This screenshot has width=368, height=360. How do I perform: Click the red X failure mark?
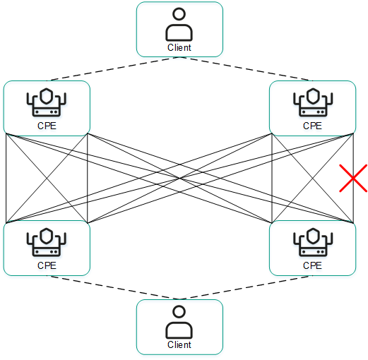coord(352,179)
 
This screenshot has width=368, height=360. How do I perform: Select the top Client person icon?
coord(179,25)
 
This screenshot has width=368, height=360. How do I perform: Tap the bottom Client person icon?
coord(179,323)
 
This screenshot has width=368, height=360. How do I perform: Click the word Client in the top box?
coord(179,48)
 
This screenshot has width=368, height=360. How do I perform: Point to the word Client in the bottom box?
coord(179,345)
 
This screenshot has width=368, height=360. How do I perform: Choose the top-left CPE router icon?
coord(47,103)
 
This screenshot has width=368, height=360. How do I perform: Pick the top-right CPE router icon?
coord(312,103)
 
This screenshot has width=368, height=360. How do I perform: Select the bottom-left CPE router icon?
coord(47,243)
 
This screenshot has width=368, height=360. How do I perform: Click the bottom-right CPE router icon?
coord(312,243)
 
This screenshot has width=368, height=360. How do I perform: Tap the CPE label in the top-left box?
coord(47,126)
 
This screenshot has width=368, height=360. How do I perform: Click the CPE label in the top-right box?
coord(312,126)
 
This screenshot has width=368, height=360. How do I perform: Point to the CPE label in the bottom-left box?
coord(47,265)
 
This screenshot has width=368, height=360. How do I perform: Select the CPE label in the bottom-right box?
coord(312,265)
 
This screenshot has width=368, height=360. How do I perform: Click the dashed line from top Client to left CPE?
coord(113,68)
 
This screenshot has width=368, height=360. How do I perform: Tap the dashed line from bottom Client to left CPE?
coord(113,287)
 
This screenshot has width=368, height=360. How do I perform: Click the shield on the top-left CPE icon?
coord(47,95)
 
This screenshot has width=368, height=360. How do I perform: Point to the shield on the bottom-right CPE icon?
coord(312,235)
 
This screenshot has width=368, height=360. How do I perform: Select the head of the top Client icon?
coord(179,14)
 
